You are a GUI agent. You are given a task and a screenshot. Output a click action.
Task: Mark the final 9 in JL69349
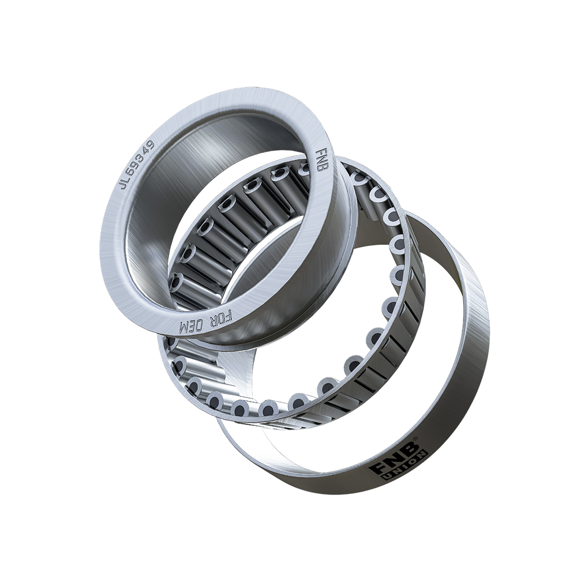click(151, 144)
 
